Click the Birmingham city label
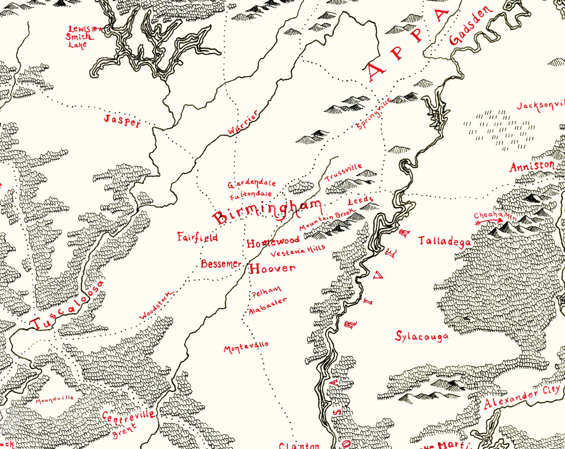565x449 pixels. point(268,212)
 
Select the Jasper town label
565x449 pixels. point(122,121)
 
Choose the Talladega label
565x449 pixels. point(445,241)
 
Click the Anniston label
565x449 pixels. point(532,167)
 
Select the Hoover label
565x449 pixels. point(273,268)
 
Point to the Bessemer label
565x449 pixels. point(221,264)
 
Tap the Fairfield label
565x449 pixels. point(197,237)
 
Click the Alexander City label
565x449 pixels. point(522,397)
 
